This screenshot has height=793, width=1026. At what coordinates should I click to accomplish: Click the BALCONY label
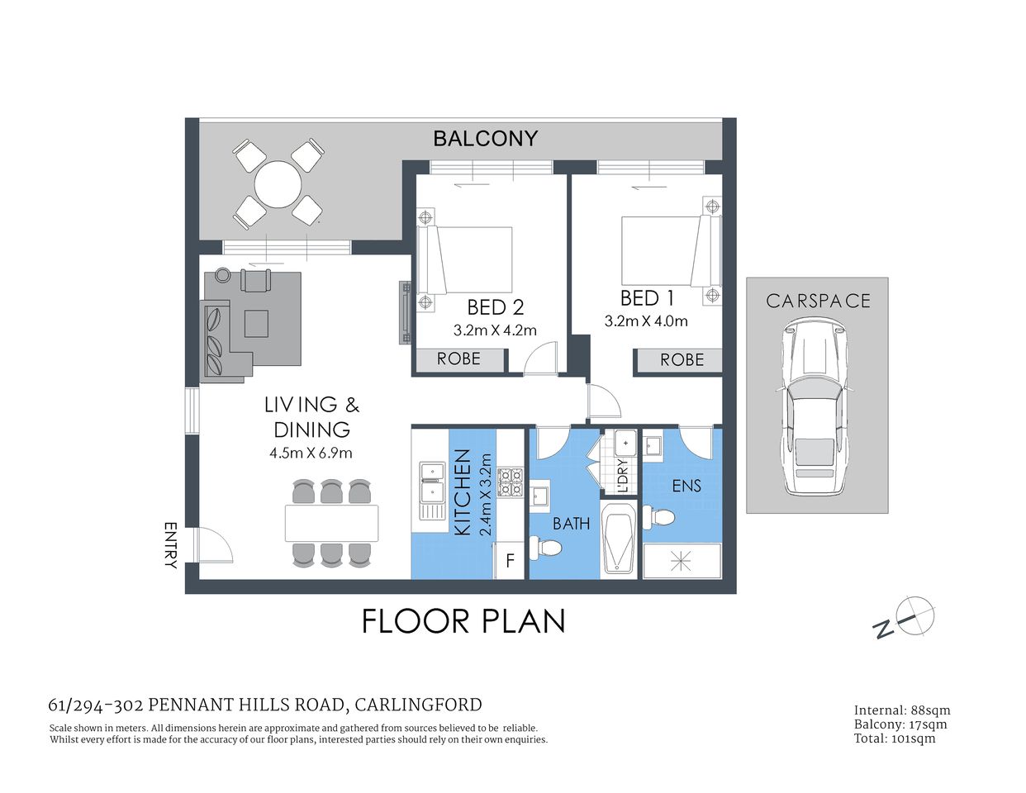[x=485, y=139]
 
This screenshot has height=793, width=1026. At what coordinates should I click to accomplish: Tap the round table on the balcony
[x=278, y=184]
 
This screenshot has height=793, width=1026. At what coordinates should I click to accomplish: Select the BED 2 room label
[x=495, y=307]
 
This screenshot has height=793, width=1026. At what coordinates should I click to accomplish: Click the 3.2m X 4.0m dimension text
[x=646, y=321]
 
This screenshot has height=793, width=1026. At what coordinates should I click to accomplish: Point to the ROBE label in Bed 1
[x=682, y=360]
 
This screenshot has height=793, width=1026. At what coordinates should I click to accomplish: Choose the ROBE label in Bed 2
[x=458, y=359]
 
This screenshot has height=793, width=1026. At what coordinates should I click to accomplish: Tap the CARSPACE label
[x=818, y=301]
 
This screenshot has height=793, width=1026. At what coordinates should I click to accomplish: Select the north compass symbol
[x=914, y=615]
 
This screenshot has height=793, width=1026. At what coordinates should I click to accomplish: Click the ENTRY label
[x=171, y=545]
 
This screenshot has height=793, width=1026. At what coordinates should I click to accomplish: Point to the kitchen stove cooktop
[x=510, y=482]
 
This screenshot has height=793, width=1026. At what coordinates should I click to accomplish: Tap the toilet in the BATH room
[x=546, y=546]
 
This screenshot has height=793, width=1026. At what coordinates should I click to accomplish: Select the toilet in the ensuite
[x=660, y=518]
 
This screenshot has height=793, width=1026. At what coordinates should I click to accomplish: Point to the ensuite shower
[x=681, y=562]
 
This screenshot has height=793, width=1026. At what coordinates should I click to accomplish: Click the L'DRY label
[x=623, y=476]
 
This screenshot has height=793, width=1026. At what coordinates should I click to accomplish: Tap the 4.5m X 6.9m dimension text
[x=311, y=453]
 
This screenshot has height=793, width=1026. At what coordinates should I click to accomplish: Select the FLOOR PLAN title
[x=463, y=621]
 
